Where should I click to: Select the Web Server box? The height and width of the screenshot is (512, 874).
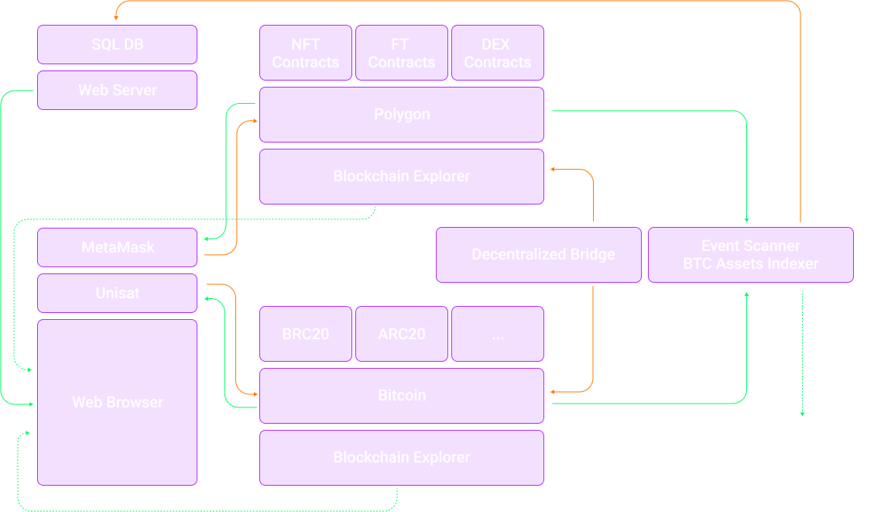tap(117, 90)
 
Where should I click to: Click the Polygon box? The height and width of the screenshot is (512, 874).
tap(401, 114)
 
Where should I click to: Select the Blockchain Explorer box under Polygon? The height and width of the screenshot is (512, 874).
tap(401, 176)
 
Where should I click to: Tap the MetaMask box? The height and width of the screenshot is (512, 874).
tap(117, 247)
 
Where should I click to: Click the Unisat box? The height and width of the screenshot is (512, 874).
tap(117, 293)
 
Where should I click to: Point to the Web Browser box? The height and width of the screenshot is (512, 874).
tap(117, 402)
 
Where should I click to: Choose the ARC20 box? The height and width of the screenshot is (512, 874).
tap(401, 334)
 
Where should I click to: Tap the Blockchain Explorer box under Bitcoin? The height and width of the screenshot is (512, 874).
tap(401, 457)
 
